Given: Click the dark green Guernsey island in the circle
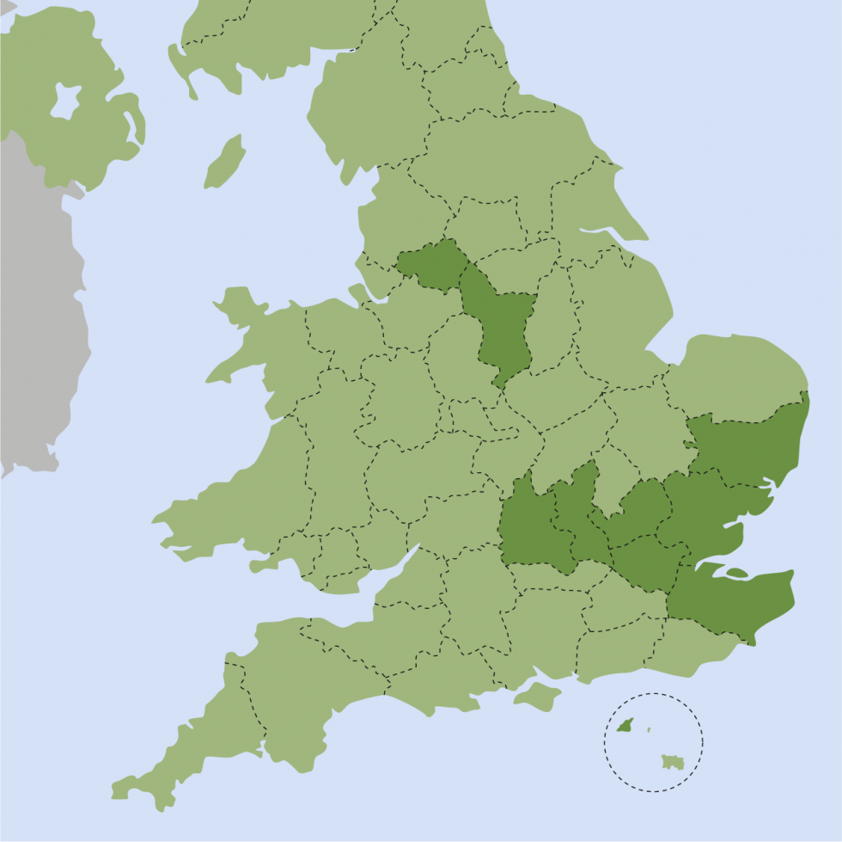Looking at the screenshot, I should click(625, 727).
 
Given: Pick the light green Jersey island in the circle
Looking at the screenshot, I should click(672, 762).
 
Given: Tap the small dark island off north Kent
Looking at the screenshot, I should click(736, 574).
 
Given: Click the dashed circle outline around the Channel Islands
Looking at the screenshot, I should click(653, 694).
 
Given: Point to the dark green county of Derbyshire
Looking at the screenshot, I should click(503, 327).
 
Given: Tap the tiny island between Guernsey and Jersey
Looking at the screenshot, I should click(649, 730).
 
